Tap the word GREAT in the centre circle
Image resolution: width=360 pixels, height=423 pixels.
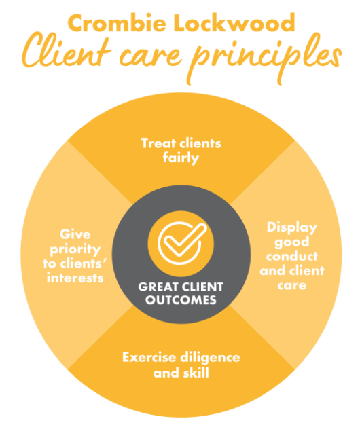pyautogui.click(x=156, y=287)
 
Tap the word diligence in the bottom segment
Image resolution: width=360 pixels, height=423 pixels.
pyautogui.click(x=211, y=357)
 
